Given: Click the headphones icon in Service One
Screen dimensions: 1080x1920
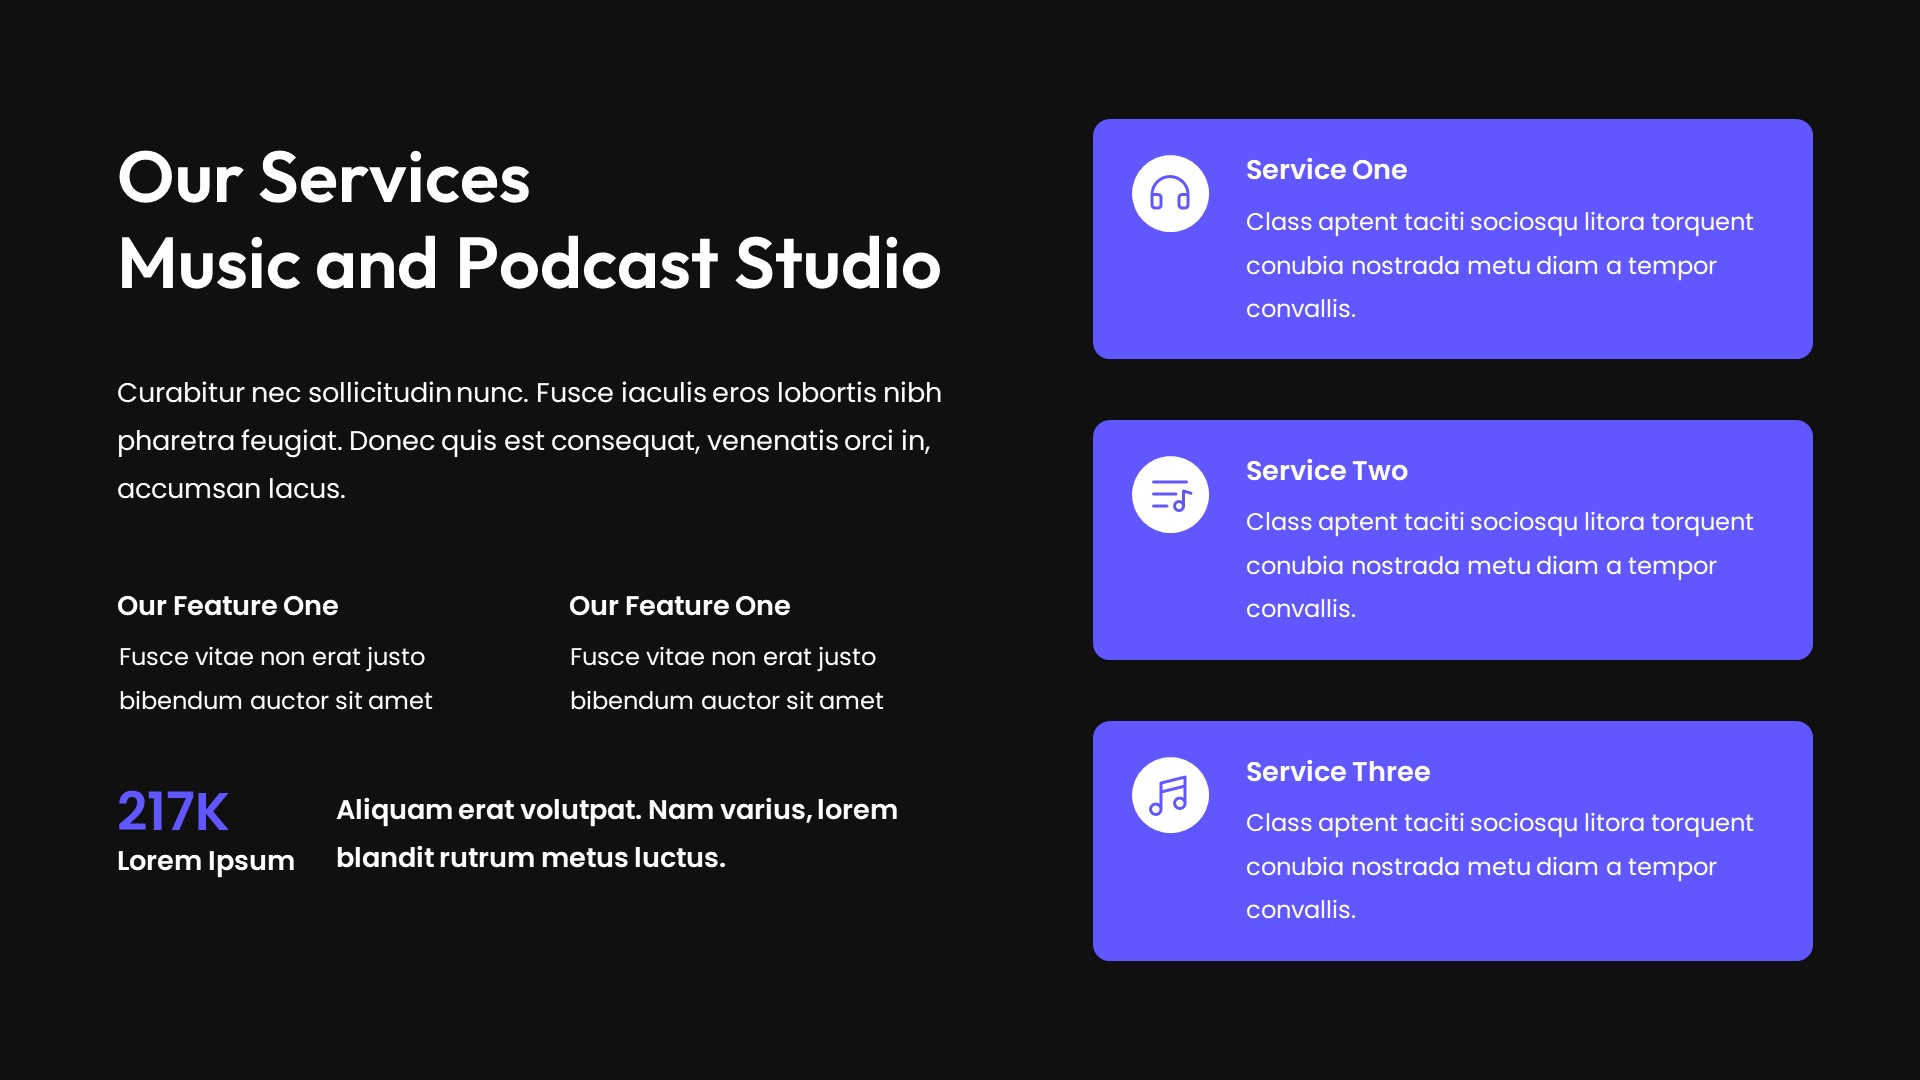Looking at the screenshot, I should point(1170,193).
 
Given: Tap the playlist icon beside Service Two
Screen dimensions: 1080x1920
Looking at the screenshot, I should point(1170,495).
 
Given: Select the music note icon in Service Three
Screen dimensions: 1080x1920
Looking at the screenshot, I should point(1170,796).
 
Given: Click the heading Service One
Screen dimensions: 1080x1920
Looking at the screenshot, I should point(1326,170).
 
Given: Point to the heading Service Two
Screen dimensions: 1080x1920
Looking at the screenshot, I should point(1326,471).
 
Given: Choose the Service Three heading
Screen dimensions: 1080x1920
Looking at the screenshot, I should point(1337,772).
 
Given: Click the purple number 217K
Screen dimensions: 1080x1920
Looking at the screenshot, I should point(173,811).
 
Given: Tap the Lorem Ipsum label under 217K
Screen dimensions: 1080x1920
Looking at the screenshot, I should point(205,861).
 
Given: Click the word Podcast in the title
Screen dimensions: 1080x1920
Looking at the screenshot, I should point(587,264).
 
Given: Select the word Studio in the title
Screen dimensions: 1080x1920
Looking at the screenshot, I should point(838,264).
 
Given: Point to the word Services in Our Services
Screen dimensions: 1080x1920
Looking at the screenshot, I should point(394,178).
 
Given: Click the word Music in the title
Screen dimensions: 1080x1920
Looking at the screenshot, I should point(209,264).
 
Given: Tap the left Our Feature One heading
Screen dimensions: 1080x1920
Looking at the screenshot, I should point(227,606).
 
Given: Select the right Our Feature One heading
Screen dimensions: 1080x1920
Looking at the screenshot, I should point(679,606).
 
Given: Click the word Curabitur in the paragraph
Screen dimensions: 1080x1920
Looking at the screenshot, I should point(180,393).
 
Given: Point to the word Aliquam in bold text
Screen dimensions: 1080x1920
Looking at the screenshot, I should point(393,810).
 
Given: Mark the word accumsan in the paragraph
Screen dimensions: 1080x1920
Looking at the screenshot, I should point(188,489).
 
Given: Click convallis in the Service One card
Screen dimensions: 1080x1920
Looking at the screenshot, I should point(1300,309).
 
